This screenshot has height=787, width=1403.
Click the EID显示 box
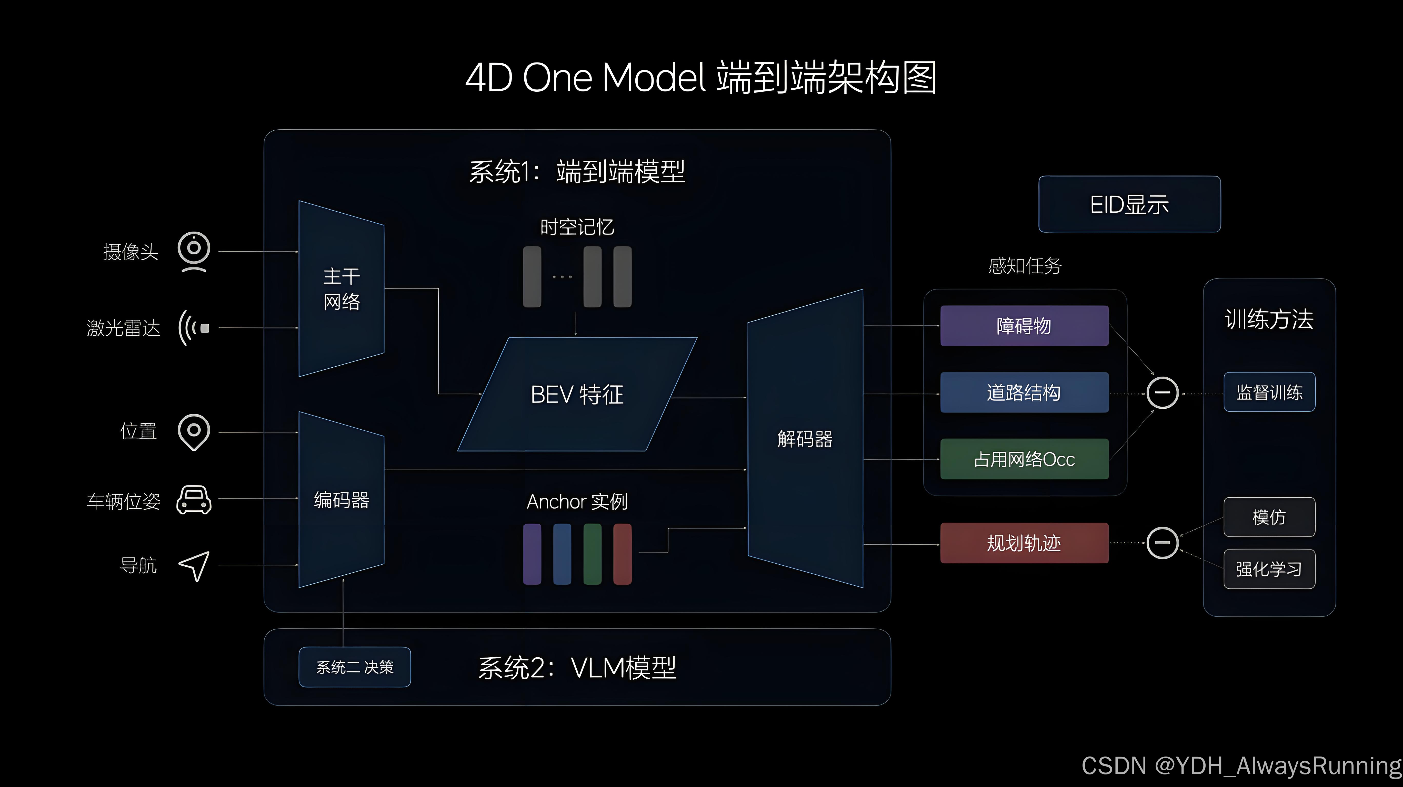click(1129, 204)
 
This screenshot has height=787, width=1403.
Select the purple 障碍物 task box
click(1024, 325)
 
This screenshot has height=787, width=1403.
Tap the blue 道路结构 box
click(1024, 392)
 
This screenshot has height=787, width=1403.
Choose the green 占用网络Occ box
click(1024, 459)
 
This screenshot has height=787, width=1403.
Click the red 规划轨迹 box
click(1024, 543)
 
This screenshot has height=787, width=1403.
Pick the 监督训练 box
click(1269, 392)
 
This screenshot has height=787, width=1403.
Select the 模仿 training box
click(1269, 516)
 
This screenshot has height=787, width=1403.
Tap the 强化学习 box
click(1269, 569)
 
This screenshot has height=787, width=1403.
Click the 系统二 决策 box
click(355, 667)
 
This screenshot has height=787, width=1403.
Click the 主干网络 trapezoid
click(342, 288)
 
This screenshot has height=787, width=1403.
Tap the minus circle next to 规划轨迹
click(1162, 543)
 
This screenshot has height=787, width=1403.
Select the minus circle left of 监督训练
click(1162, 392)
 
